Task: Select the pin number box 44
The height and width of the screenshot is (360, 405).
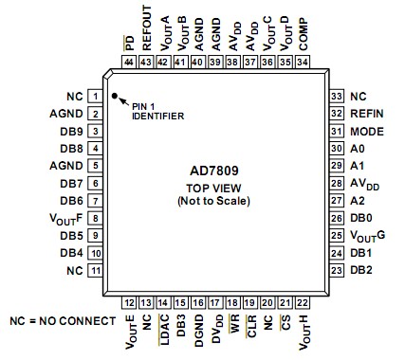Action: tap(129, 63)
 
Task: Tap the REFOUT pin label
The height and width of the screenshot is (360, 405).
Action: tap(147, 32)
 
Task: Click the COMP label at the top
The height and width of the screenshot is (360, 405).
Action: tap(303, 36)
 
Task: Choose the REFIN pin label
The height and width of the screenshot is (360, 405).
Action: tap(366, 114)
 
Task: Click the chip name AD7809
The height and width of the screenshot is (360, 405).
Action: tap(212, 171)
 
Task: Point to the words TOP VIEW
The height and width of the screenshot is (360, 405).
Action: tap(212, 188)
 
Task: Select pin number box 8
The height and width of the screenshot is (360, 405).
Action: tap(96, 217)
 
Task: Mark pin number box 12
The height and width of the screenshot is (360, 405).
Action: tap(129, 302)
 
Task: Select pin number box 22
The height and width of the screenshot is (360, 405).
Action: tap(303, 302)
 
